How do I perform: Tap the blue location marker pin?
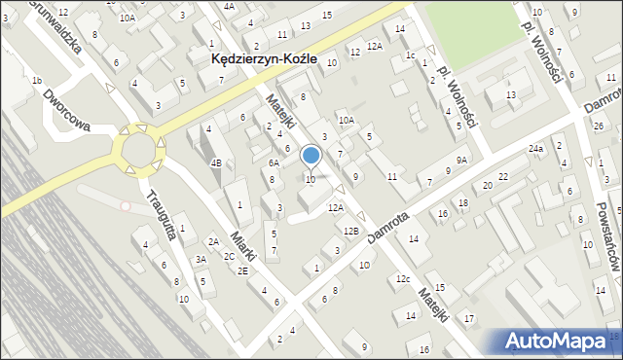pyautogui.click(x=311, y=156)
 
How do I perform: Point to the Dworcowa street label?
pyautogui.click(x=66, y=110)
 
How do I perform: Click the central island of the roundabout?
pyautogui.click(x=139, y=151)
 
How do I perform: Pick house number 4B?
pyautogui.click(x=217, y=162)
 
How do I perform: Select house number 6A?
pyautogui.click(x=275, y=163)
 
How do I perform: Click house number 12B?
pyautogui.click(x=351, y=231)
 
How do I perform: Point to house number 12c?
pyautogui.click(x=402, y=280)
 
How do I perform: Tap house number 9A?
pyautogui.click(x=461, y=160)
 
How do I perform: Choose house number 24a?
pyautogui.click(x=535, y=149)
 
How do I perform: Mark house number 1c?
pyautogui.click(x=410, y=55)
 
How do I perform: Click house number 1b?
pyautogui.click(x=36, y=80)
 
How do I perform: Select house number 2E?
pyautogui.click(x=242, y=271)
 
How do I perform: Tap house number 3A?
pyautogui.click(x=201, y=259)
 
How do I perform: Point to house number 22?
pyautogui.click(x=502, y=176)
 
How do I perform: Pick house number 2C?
pyautogui.click(x=229, y=256)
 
